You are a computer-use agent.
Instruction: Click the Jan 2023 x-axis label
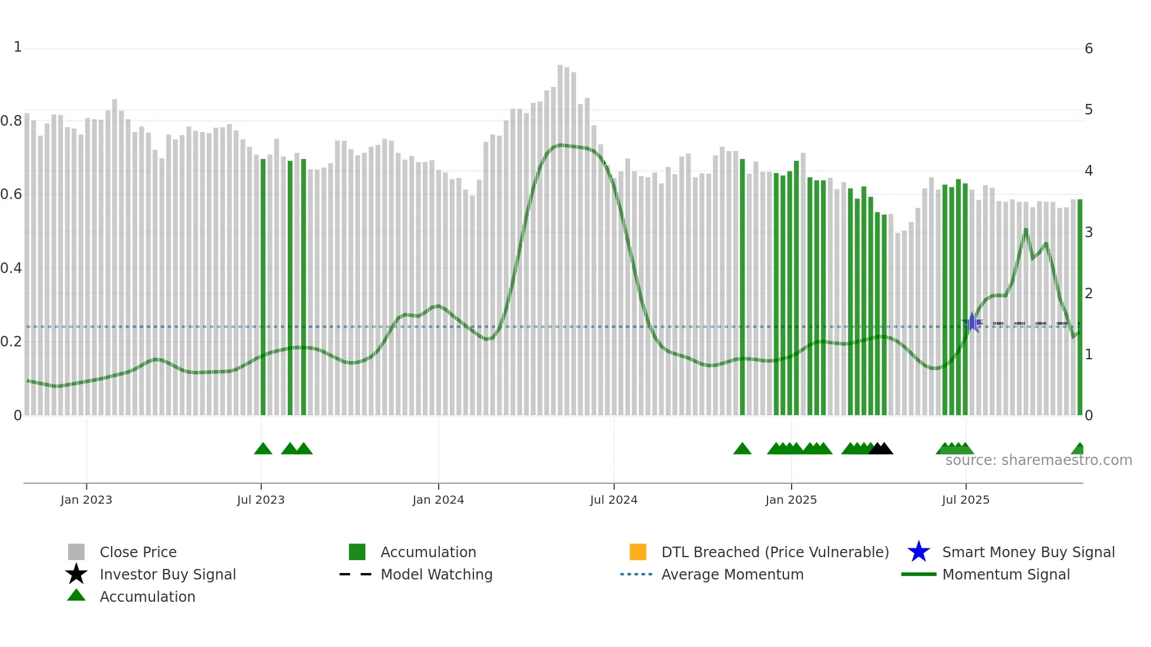[x=86, y=500]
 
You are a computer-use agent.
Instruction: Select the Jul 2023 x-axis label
[x=261, y=500]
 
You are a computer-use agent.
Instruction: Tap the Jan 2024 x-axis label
[x=438, y=500]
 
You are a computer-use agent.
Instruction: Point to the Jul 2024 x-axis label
[x=614, y=500]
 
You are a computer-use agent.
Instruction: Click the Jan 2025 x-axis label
[x=791, y=500]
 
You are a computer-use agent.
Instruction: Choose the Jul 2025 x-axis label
[x=965, y=500]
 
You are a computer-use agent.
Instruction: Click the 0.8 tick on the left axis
[x=11, y=121]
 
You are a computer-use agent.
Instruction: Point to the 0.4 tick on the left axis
[x=11, y=268]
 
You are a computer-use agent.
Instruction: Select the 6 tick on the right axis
[x=1089, y=49]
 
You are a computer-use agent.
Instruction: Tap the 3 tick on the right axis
[x=1089, y=232]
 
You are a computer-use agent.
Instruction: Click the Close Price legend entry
[x=138, y=552]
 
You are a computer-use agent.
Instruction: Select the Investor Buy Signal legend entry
[x=167, y=574]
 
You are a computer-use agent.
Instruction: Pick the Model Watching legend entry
[x=436, y=574]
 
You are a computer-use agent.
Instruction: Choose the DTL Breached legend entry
[x=775, y=552]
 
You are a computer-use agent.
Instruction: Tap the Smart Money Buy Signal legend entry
[x=1028, y=552]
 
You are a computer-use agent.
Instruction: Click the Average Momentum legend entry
[x=732, y=574]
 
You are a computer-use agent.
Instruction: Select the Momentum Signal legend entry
[x=1006, y=574]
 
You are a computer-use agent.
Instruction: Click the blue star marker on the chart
[x=972, y=322]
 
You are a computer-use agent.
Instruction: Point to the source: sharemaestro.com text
[x=1038, y=460]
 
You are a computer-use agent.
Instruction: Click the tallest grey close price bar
[x=560, y=235]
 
